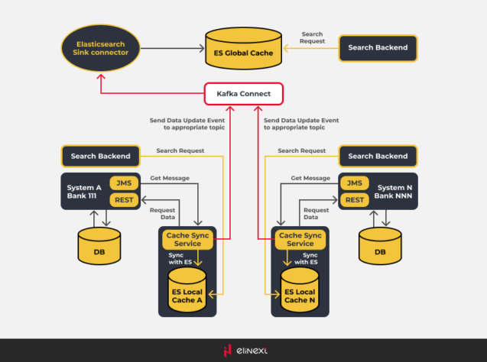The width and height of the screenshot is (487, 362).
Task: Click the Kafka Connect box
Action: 244,95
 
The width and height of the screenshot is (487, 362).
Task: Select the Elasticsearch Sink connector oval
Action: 100,48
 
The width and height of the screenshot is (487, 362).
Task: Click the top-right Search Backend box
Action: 378,47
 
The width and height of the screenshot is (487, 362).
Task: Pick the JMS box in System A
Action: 124,183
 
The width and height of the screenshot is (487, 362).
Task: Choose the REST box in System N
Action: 354,200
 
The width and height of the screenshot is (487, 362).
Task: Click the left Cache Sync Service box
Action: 188,239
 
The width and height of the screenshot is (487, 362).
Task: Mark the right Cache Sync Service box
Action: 300,239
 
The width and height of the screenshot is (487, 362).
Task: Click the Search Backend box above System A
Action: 100,157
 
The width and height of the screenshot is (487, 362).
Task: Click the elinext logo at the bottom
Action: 243,351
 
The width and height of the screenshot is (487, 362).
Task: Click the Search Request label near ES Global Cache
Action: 312,37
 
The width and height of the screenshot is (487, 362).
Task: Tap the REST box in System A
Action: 124,200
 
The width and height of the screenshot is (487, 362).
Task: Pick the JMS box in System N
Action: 354,183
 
